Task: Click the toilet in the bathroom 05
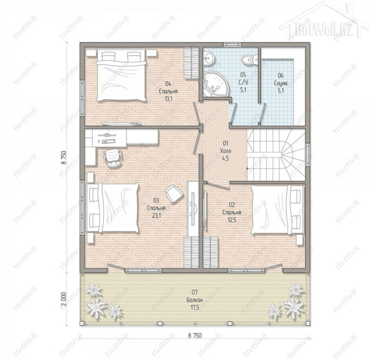pyautogui.click(x=250, y=58)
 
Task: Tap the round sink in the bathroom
pyautogui.click(x=209, y=58)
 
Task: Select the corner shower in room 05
pyautogui.click(x=216, y=84)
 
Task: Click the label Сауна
pyautogui.click(x=281, y=83)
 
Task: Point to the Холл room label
pyautogui.click(x=225, y=151)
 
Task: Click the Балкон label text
pyautogui.click(x=195, y=300)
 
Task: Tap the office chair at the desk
pyautogui.click(x=113, y=157)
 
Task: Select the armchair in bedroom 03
pyautogui.click(x=174, y=194)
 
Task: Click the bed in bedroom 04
pyautogui.click(x=121, y=75)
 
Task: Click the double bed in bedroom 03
pyautogui.click(x=113, y=208)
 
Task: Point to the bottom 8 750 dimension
pyautogui.click(x=195, y=336)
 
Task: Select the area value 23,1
pyautogui.click(x=156, y=215)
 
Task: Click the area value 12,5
pyautogui.click(x=232, y=220)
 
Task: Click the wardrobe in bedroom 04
pyautogui.click(x=191, y=63)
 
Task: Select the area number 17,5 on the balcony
pyautogui.click(x=195, y=307)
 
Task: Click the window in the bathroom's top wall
pyautogui.click(x=232, y=44)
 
